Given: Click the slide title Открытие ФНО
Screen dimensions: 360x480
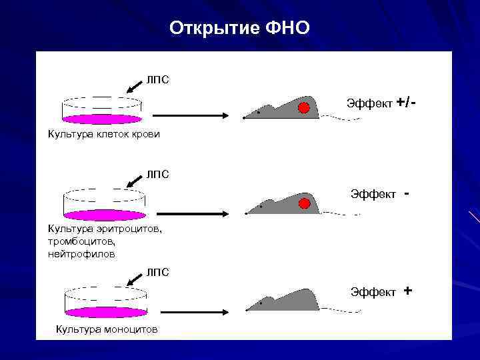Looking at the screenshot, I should coord(239,28).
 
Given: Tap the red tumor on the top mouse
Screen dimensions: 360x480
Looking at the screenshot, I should coord(304,108).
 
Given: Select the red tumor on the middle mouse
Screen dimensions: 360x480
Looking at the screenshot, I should coord(305,203).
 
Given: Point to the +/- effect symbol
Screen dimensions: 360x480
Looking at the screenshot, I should coord(405,103).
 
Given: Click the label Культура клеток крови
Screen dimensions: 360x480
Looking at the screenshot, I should coord(103,134).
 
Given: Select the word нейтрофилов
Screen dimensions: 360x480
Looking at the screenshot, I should coord(81,253).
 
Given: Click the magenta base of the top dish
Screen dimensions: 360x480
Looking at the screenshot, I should coord(102,119).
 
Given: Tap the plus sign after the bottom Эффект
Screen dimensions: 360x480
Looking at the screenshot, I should coord(407,291).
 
